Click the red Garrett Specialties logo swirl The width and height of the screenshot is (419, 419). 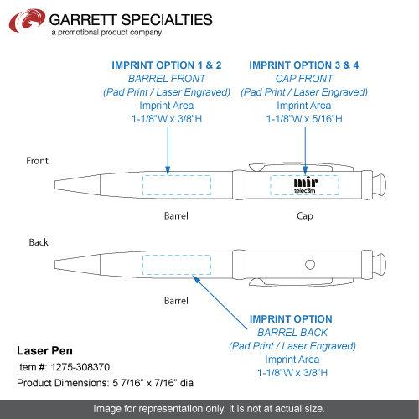pos(27,20)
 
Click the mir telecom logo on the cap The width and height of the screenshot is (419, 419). pos(305,185)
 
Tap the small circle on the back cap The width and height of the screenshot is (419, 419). pos(310,265)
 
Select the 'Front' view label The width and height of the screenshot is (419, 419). pos(37,161)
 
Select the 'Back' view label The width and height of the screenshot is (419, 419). pos(39,242)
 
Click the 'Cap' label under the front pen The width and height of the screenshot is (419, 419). pos(305,216)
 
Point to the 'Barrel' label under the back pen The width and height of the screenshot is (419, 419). pos(176,301)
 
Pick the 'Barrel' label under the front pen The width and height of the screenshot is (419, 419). pos(176,216)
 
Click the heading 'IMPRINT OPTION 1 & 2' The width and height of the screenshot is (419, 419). pos(167,65)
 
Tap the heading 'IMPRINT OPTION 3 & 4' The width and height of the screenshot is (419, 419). pos(304,65)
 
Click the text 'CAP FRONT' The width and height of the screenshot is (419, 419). pos(304,79)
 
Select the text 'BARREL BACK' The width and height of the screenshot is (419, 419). pos(292,333)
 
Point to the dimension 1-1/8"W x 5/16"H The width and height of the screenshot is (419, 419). pos(304,119)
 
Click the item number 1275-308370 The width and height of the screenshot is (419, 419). pos(80,367)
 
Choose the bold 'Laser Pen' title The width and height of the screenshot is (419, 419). pos(44,351)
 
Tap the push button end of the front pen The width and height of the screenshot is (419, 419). pos(380,184)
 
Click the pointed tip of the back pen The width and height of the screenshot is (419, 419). pos(55,265)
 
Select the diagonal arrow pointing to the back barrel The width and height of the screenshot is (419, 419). pos(220,303)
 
